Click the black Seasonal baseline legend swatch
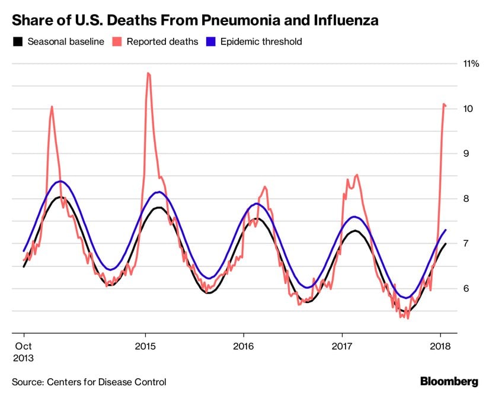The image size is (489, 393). tap(18, 42)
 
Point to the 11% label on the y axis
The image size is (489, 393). tap(471, 63)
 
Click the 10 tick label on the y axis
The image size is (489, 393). tap(468, 108)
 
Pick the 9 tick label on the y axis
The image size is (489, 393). tap(468, 153)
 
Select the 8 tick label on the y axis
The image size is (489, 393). tap(468, 198)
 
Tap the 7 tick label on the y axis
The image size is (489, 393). tap(468, 243)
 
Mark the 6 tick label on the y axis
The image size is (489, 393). tap(468, 288)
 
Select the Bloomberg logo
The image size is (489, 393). tap(449, 381)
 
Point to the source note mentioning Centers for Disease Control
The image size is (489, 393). tap(89, 382)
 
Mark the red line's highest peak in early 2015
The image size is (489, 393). tap(148, 73)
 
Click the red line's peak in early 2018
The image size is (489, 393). tap(444, 104)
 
